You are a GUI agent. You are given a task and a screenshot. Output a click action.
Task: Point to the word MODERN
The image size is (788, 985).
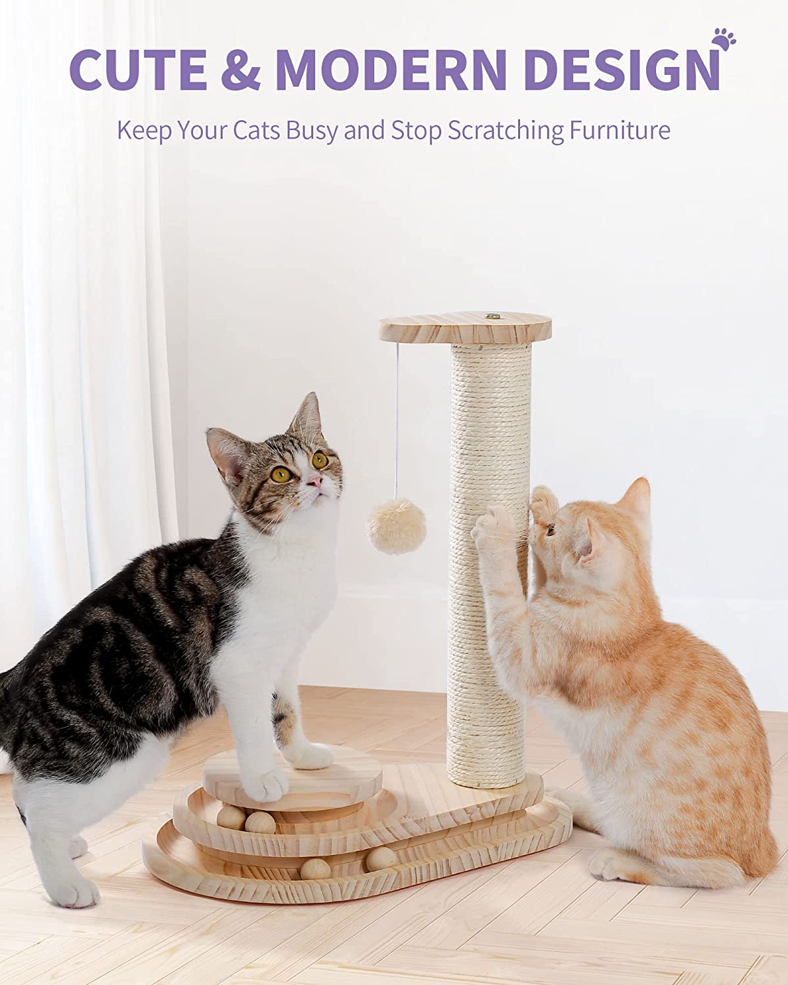392,69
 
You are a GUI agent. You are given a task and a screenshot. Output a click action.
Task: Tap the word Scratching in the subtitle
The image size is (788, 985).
506,131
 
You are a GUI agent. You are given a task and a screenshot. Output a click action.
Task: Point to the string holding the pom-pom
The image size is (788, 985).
397,421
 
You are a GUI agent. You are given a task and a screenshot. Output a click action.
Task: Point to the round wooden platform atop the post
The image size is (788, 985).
465,327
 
